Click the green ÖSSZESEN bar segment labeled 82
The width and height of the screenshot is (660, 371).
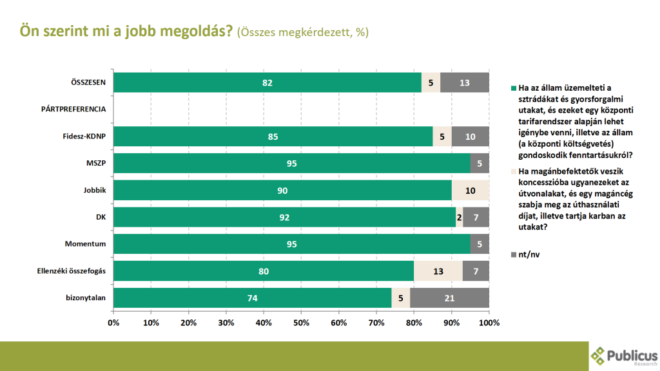point(267,82)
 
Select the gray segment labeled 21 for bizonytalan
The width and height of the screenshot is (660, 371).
point(449,298)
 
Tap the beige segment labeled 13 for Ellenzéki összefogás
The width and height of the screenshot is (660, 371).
point(438,271)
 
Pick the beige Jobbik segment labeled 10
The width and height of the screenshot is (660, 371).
point(470,190)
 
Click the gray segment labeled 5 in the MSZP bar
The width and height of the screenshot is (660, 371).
point(480,163)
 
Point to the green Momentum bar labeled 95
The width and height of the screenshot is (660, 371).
point(292,243)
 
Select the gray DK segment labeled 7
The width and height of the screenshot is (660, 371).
point(476,217)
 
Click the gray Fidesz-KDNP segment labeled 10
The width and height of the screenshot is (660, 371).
point(470,136)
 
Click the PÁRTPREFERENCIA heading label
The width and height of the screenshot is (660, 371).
point(73,109)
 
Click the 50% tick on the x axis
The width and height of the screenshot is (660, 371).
point(301,322)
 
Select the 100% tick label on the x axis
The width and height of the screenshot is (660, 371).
point(489,322)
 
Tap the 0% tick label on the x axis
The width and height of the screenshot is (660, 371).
point(113,322)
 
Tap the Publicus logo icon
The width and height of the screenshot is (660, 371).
point(599,355)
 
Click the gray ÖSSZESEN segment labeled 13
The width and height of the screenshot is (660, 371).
point(464,82)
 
